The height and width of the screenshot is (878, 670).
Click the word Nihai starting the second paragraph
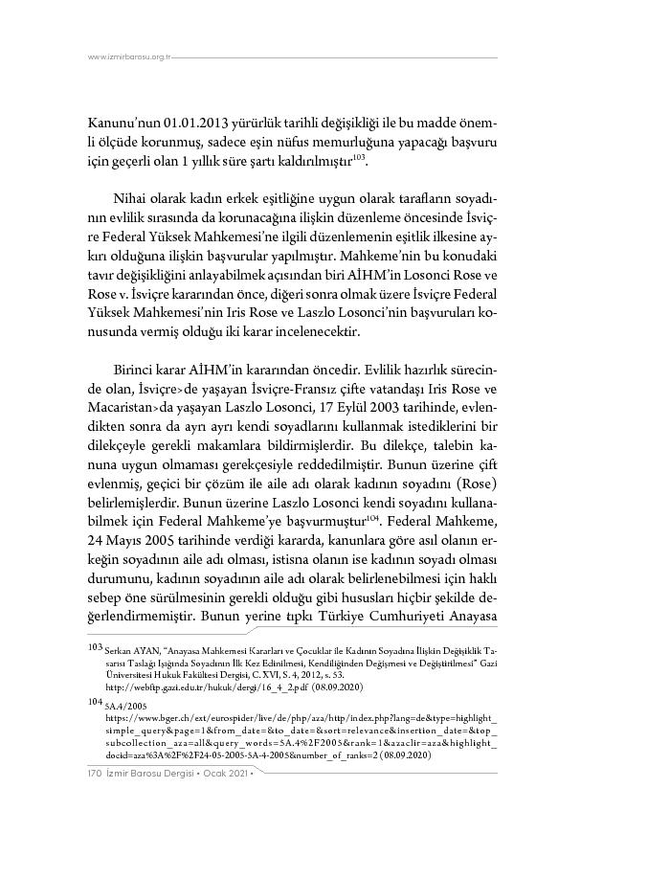point(132,197)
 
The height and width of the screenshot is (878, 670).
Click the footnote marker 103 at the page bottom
point(94,647)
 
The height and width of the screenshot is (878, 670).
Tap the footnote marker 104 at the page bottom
point(94,701)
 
